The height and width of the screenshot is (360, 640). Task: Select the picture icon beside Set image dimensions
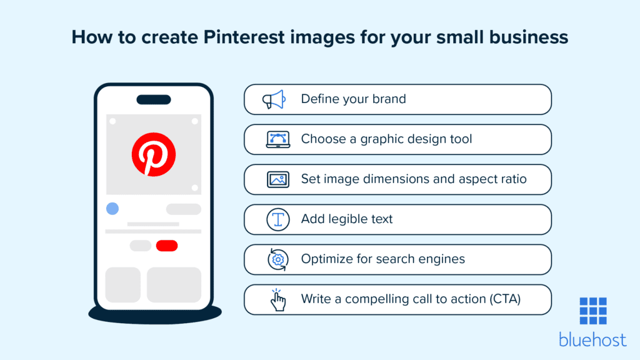click(x=277, y=179)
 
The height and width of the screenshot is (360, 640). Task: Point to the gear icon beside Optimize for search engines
click(x=277, y=259)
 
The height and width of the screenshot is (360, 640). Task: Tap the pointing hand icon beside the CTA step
click(x=277, y=299)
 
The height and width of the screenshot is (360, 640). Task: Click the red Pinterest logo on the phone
click(x=153, y=154)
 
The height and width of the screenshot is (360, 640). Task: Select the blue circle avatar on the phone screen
click(x=112, y=209)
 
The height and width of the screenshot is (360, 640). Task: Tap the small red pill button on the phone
click(x=167, y=246)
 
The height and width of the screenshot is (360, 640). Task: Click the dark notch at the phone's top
click(x=153, y=100)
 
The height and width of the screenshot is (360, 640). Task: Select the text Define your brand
click(x=353, y=99)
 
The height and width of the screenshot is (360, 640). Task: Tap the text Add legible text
click(x=347, y=219)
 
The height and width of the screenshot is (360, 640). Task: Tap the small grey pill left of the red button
click(x=140, y=246)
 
